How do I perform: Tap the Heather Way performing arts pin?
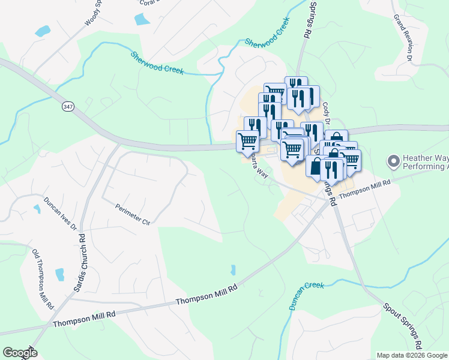394,161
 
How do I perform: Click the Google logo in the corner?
20,353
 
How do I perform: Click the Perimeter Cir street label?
132,214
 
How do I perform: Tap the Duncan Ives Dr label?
61,212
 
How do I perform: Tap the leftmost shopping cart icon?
247,142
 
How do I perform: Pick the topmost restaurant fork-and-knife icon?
295,86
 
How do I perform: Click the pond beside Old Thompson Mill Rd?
59,275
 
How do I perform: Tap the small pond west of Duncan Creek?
233,270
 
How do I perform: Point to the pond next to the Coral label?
142,19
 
